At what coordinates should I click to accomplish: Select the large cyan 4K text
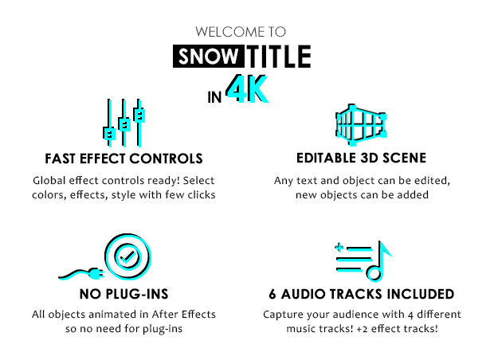click(246, 90)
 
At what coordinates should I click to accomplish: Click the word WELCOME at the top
click(225, 33)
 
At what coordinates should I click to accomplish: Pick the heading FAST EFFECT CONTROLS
click(125, 159)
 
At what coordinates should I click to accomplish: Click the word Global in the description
click(49, 181)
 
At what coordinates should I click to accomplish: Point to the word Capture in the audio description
click(284, 315)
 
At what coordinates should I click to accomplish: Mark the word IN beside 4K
click(214, 98)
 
